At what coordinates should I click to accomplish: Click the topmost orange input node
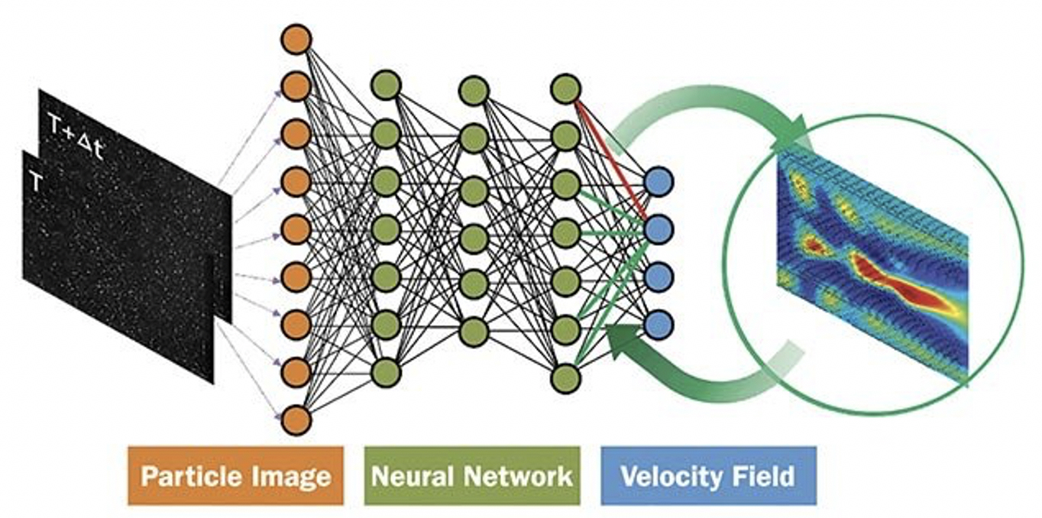click(x=296, y=39)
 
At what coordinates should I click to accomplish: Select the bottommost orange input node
click(x=296, y=419)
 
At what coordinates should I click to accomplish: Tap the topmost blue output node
click(x=659, y=182)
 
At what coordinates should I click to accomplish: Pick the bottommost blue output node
click(x=659, y=325)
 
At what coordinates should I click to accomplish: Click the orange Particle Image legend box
click(x=236, y=476)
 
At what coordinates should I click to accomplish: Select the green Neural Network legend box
click(x=472, y=476)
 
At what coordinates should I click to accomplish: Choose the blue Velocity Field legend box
click(x=708, y=476)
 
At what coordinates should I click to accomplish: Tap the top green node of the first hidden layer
click(x=386, y=85)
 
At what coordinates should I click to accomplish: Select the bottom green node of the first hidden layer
click(x=386, y=372)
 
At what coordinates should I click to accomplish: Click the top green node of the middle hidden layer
click(x=474, y=90)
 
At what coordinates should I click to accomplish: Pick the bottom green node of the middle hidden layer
click(x=474, y=332)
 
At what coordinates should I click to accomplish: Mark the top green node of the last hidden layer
click(x=565, y=89)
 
